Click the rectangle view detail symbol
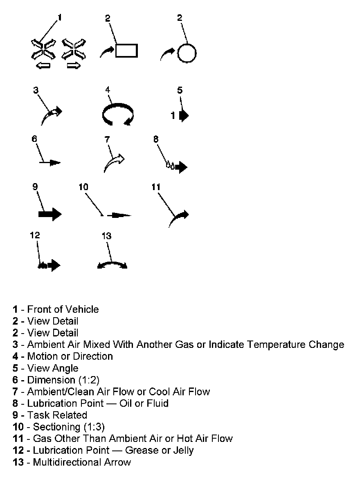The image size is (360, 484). pos(126,50)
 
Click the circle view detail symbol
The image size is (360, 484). pos(187,53)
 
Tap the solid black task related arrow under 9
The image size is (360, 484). pos(49,214)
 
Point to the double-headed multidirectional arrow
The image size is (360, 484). pos(112,265)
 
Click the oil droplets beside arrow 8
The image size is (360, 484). pos(170,165)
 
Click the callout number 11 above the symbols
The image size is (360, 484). pos(156,187)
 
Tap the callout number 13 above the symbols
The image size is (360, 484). pos(106,236)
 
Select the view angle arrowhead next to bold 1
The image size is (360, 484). pos(184,115)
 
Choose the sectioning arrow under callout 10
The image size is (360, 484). pos(121,215)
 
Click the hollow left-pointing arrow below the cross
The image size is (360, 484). pos(43,65)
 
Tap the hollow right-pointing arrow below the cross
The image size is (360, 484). pos(74,65)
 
